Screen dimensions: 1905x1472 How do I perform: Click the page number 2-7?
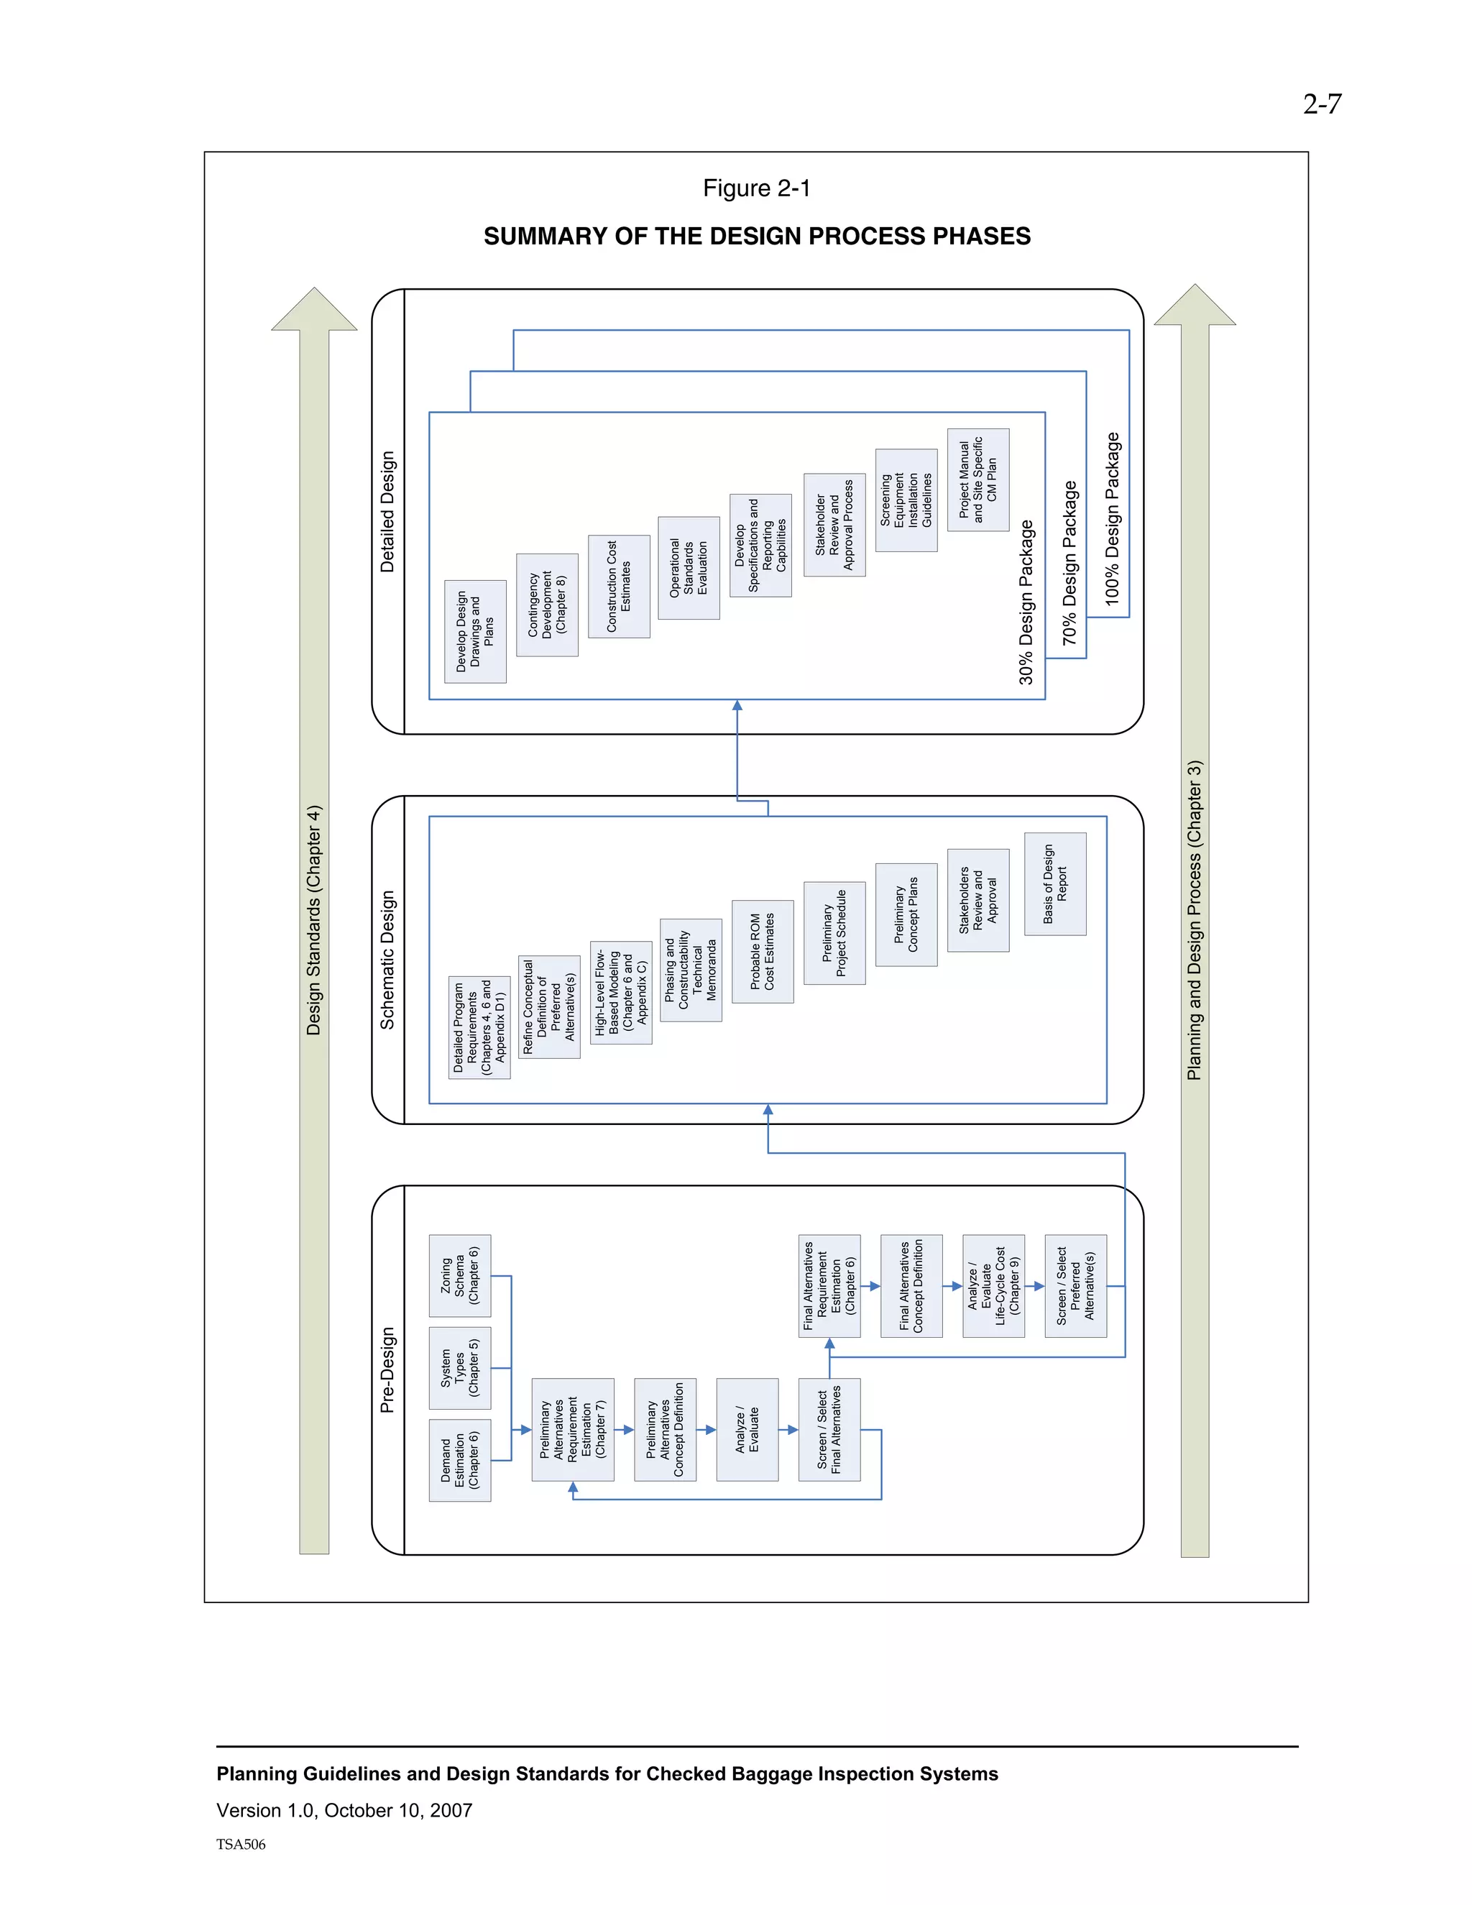tap(1321, 105)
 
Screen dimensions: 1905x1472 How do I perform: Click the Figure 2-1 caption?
tap(756, 188)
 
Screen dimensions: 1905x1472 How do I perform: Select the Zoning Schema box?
tap(459, 1275)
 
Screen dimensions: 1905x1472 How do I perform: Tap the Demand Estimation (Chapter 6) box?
tap(459, 1460)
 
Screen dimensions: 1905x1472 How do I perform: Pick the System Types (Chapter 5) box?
tap(459, 1368)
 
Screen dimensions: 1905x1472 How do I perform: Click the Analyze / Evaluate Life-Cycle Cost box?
tap(993, 1286)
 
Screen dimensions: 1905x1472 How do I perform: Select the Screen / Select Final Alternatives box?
tap(829, 1430)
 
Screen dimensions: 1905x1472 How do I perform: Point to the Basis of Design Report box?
tap(1055, 883)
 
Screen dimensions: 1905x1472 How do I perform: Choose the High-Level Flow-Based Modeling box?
tap(621, 993)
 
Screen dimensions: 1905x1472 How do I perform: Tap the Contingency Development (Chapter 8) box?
tap(547, 605)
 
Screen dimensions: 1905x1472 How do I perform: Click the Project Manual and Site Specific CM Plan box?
tap(977, 479)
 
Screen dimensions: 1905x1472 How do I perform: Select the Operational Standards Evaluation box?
tap(688, 568)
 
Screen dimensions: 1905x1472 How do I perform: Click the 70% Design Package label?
tap(1070, 563)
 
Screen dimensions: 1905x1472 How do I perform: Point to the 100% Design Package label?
tap(1112, 518)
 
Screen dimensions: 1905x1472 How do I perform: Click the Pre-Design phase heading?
tap(388, 1370)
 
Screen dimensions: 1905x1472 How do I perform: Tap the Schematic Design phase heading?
tap(388, 960)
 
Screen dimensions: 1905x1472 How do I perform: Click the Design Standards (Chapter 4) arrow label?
tap(314, 920)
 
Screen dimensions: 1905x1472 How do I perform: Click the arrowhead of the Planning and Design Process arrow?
tap(1195, 306)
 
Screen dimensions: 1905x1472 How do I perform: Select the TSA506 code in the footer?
tap(241, 1844)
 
